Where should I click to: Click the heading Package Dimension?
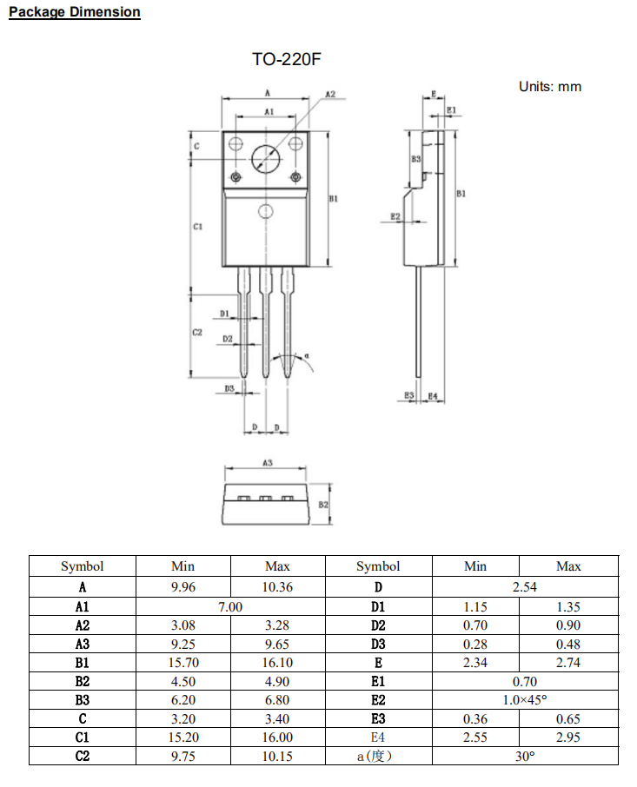coord(74,12)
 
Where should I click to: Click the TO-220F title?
coord(280,60)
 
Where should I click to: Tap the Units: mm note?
coord(549,87)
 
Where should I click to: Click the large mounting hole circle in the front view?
coord(266,158)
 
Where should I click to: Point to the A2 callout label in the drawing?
coord(330,94)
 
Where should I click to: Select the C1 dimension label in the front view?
coord(197,227)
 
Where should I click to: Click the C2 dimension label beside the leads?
coord(197,333)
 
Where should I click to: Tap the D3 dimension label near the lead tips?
coord(229,389)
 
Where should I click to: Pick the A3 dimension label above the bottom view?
coord(268,463)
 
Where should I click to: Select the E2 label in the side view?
coord(395,216)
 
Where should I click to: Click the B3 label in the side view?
coord(416,160)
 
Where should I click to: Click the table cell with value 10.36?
coord(277,587)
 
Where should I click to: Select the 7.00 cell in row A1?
coord(230,606)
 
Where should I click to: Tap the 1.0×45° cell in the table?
coord(525,700)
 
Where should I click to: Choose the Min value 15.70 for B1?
coord(183,663)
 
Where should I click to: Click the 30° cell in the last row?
coord(525,757)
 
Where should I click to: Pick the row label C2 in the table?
coord(83,757)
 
